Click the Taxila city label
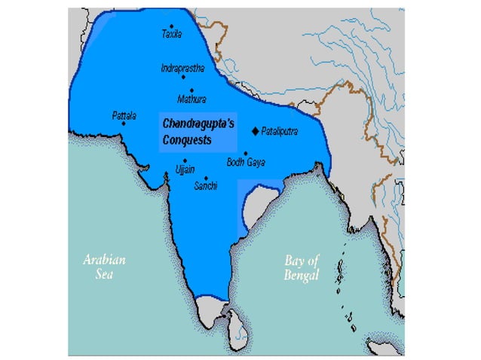[x=173, y=35]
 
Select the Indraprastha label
[x=182, y=68]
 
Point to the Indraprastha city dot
[x=183, y=77]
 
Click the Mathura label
[x=191, y=99]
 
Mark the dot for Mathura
[x=191, y=90]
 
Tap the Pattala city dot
[x=124, y=124]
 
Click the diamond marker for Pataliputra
[x=255, y=131]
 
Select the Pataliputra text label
[x=280, y=131]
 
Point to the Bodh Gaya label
[x=245, y=162]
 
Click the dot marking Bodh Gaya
[x=245, y=153]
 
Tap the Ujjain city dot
[x=185, y=160]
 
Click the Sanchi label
[x=206, y=185]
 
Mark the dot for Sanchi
[x=206, y=178]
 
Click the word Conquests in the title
[x=187, y=140]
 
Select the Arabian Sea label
[x=104, y=267]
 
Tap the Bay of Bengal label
[x=302, y=267]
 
